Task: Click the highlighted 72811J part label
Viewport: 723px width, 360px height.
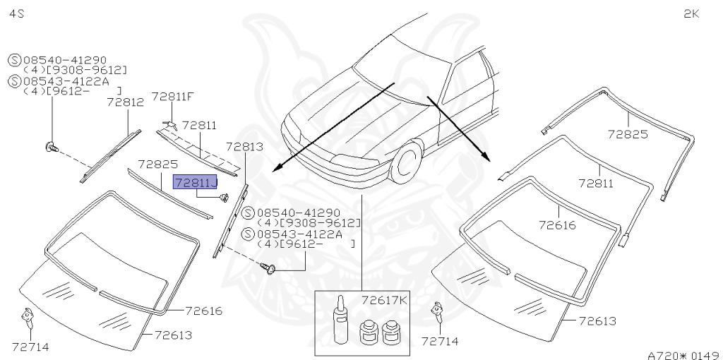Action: coord(196,183)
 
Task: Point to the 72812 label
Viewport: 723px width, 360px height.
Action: coord(125,102)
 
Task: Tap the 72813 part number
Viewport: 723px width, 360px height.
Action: coord(244,147)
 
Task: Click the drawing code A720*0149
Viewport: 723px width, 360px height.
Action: coord(683,354)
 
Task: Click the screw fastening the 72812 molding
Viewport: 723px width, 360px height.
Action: coord(52,148)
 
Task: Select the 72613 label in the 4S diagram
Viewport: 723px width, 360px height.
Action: coord(174,335)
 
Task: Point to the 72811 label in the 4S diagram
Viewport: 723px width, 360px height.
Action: coord(200,126)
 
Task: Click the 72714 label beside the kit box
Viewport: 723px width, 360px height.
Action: coord(439,341)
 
